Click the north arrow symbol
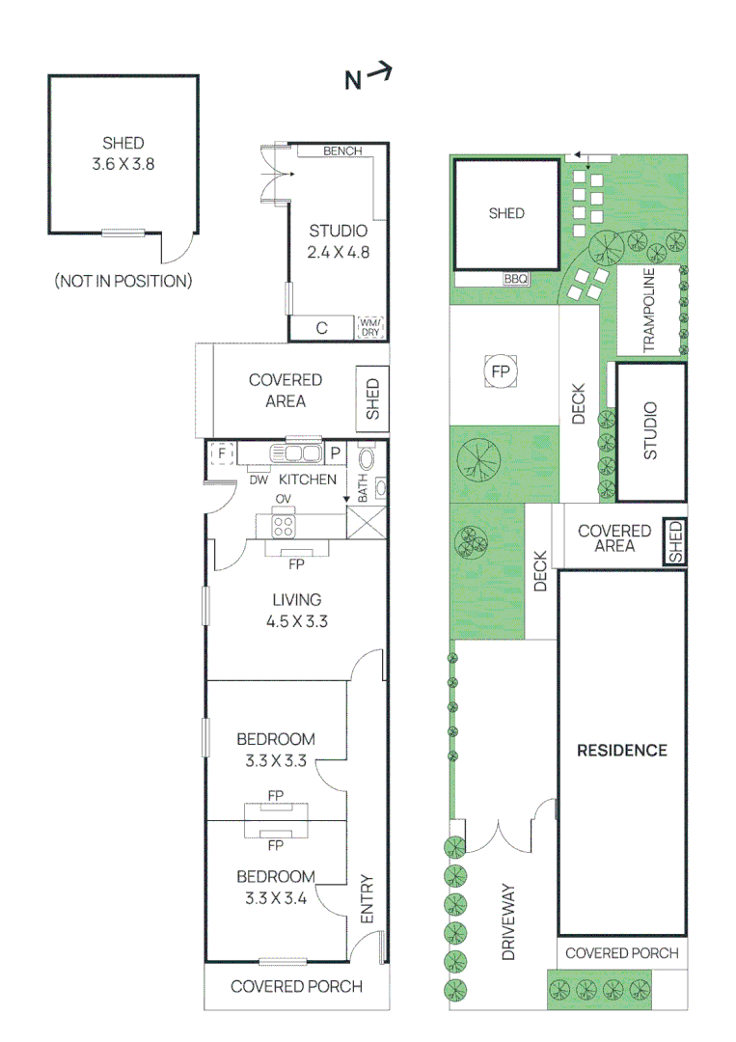coord(368,77)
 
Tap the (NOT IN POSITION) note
coord(123,282)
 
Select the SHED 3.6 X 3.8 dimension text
coord(123,164)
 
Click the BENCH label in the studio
coord(342,151)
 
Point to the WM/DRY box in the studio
coord(370,327)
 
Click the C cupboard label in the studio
coord(321,328)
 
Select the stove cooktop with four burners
coord(284,525)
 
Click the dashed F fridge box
coord(222,452)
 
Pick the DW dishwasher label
coord(258,480)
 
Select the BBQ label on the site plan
coord(516,279)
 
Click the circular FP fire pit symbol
coord(501,370)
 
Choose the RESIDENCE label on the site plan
coord(621,750)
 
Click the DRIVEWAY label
coord(508,922)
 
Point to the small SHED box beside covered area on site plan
coord(675,542)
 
